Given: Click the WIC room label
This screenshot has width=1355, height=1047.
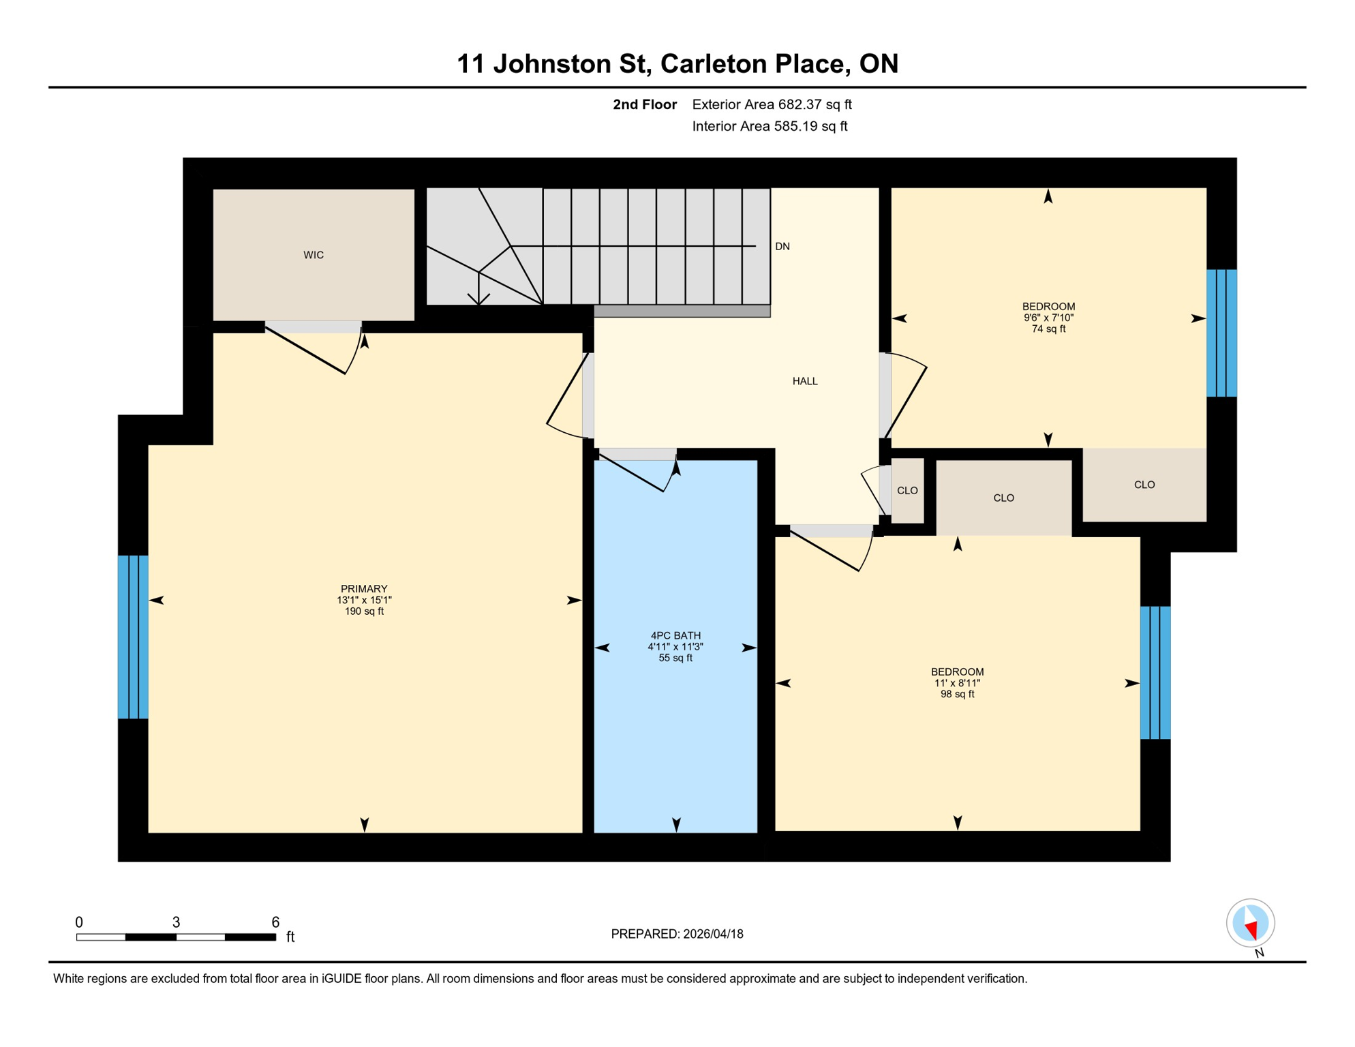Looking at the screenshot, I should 314,255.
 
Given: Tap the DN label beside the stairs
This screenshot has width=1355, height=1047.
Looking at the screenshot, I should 782,247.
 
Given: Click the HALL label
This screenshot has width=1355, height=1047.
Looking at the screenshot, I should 805,381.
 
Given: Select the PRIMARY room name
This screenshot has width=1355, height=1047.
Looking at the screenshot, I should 364,589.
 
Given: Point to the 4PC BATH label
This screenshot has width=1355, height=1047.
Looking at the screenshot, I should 675,635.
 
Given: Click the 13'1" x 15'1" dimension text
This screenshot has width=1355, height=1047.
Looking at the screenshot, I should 364,601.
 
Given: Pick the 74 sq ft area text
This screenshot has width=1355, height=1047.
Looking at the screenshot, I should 1048,329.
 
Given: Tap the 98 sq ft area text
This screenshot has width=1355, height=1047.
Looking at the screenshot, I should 957,695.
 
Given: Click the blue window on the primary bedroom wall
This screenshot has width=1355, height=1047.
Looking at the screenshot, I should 133,637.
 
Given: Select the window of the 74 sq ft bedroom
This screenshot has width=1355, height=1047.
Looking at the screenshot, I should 1221,333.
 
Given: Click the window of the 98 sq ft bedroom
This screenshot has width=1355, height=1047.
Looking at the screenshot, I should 1155,673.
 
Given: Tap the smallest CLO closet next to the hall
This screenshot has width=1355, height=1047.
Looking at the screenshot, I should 907,491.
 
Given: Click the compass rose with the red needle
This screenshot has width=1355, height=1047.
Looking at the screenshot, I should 1250,923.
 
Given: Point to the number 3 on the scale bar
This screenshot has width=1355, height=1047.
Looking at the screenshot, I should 176,922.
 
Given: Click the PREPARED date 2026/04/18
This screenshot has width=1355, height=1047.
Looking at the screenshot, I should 677,934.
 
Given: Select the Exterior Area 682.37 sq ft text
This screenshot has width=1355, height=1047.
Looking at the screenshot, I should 772,104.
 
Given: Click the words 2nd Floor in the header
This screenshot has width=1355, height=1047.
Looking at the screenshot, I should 644,104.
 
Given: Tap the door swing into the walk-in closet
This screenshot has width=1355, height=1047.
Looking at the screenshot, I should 320,349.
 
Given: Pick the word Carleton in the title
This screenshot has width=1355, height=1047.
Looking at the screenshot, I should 713,63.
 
